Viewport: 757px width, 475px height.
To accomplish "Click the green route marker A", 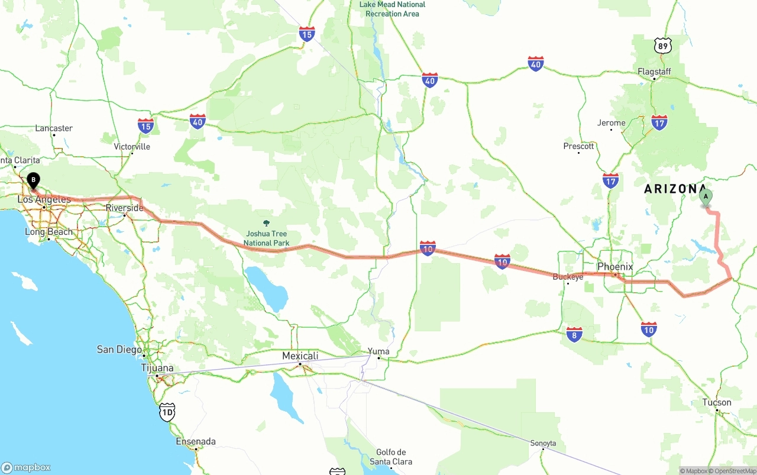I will point(705,197).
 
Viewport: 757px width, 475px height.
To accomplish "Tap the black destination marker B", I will point(34,180).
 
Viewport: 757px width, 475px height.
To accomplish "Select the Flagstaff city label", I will point(654,72).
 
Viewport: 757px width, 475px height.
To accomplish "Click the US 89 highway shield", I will point(663,46).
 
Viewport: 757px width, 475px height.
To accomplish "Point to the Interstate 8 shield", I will point(574,334).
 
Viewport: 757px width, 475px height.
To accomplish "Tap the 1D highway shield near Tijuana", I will point(167,412).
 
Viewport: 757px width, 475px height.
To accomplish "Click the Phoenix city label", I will point(615,267).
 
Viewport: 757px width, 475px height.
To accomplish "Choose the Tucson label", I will point(717,402).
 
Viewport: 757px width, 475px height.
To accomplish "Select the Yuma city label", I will point(378,351).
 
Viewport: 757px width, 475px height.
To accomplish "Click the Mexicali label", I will point(300,356).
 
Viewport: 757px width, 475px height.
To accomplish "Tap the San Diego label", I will point(119,350).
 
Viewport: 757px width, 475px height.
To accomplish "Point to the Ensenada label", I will point(196,441).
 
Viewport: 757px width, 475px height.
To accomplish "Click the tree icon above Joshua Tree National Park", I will point(266,222).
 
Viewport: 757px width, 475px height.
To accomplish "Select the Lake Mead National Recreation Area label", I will point(393,9).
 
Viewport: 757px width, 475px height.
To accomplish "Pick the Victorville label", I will point(132,147).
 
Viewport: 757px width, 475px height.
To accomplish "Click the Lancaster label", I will point(54,128).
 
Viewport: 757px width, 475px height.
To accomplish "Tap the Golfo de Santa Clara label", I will point(390,457).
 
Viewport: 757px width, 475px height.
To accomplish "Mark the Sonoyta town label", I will point(543,443).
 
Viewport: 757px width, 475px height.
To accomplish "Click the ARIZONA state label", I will point(671,189).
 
